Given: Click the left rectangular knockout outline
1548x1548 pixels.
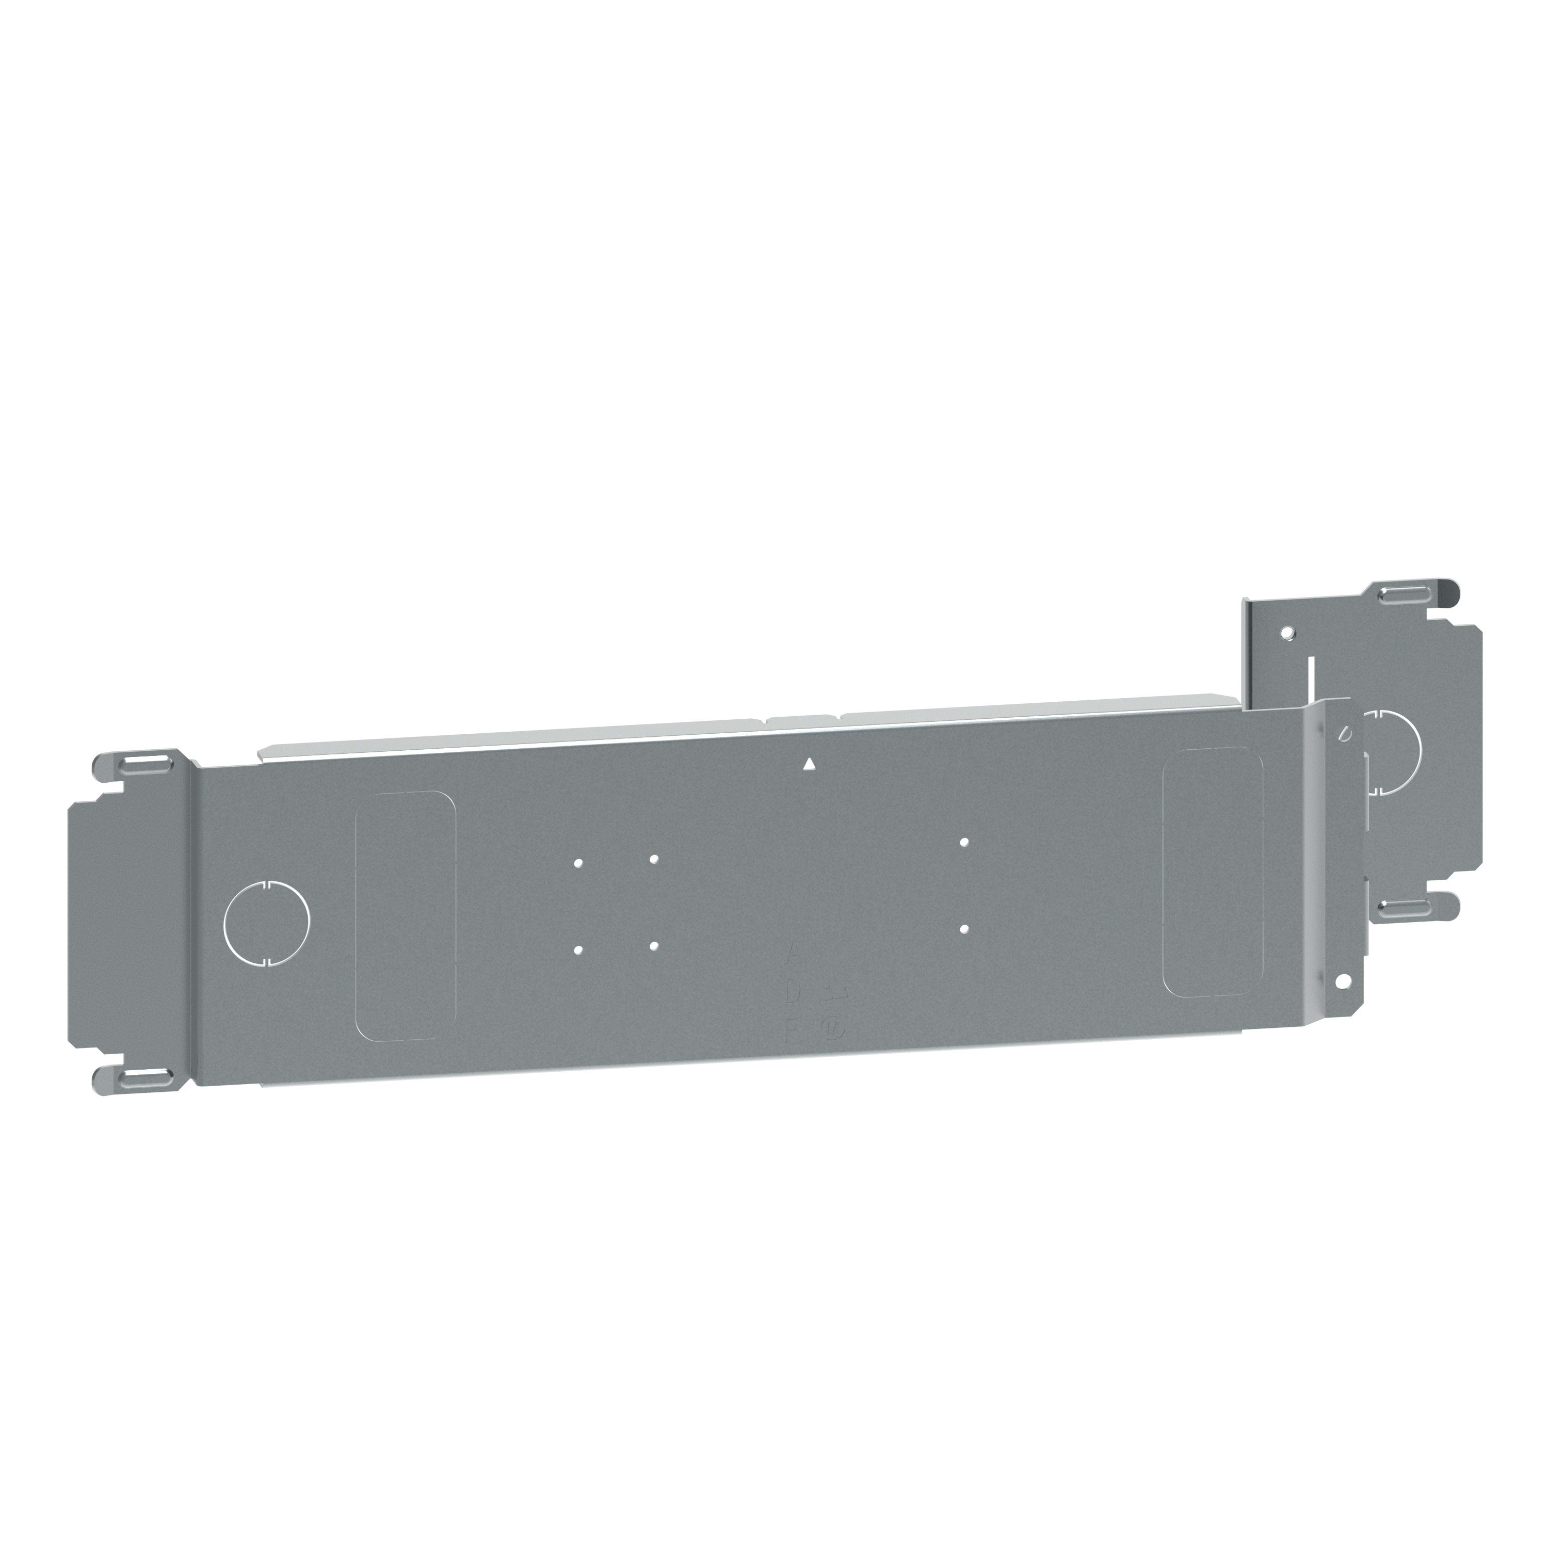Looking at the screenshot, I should [x=405, y=915].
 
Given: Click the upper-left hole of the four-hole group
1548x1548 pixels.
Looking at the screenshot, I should [x=578, y=863].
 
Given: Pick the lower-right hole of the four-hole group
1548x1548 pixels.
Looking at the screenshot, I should [x=654, y=945].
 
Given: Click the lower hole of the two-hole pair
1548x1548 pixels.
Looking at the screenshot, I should [x=965, y=929].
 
